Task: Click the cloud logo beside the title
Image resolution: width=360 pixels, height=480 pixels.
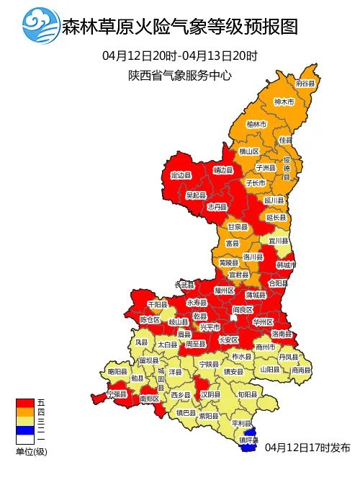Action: pyautogui.click(x=41, y=27)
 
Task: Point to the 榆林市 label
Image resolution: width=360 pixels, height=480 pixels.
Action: pyautogui.click(x=256, y=124)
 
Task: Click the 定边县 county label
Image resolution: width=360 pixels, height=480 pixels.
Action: pyautogui.click(x=181, y=175)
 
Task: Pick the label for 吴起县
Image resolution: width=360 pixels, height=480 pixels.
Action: pyautogui.click(x=196, y=195)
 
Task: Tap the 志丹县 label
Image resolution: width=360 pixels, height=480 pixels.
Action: pyautogui.click(x=217, y=206)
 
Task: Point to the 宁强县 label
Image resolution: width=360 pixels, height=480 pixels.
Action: pyautogui.click(x=116, y=395)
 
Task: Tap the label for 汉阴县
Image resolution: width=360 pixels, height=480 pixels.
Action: pyautogui.click(x=210, y=395)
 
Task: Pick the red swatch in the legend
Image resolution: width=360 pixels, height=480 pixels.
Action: pyautogui.click(x=25, y=402)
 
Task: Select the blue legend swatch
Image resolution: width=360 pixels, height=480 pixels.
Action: pyautogui.click(x=25, y=430)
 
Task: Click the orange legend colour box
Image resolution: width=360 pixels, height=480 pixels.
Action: pyautogui.click(x=25, y=412)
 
